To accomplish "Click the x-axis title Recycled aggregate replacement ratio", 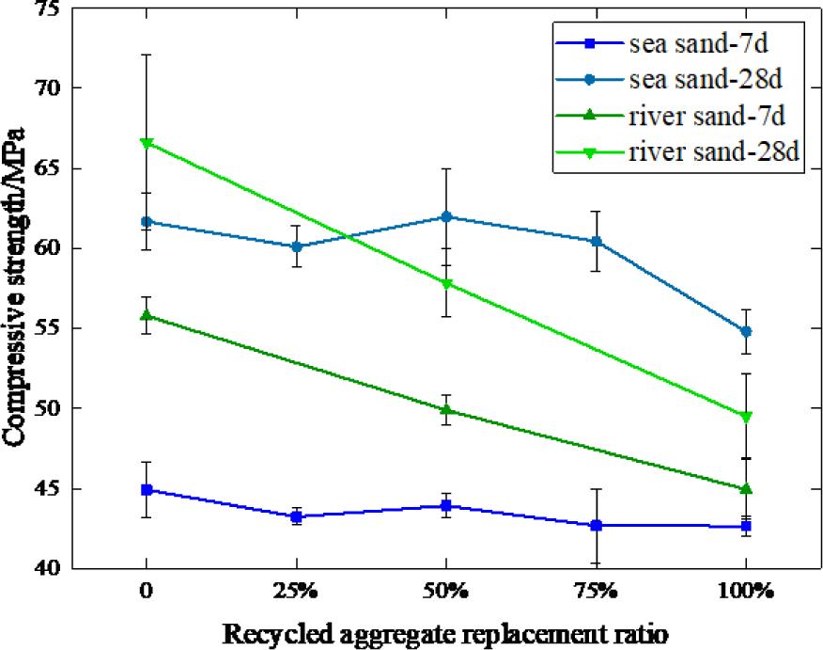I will point(445,633).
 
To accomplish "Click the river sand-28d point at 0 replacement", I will point(147,143).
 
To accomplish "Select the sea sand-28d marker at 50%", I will point(446,216).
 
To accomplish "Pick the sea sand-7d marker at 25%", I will point(296,516).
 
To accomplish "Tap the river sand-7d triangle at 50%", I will point(446,409).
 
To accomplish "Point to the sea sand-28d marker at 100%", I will point(746,331).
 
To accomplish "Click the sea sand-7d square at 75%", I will point(596,525).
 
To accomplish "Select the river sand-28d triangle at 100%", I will point(746,417).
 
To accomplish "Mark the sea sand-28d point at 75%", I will point(596,241).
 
